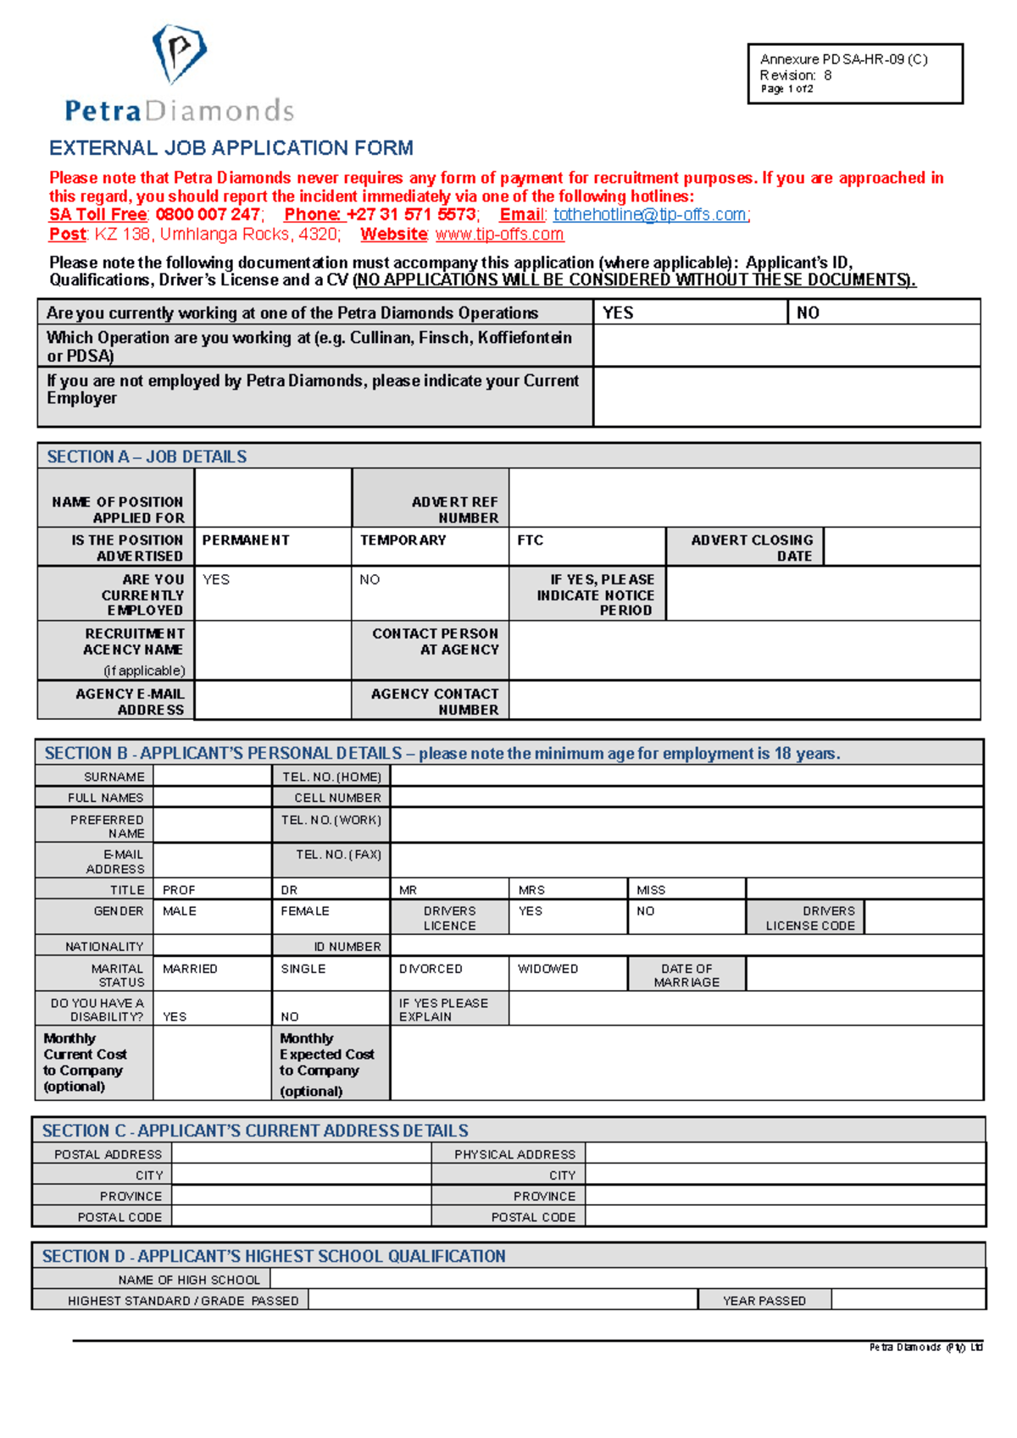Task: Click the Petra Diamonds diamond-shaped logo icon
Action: pyautogui.click(x=179, y=53)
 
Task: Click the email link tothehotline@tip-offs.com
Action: pyautogui.click(x=650, y=215)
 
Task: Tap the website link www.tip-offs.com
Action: pyautogui.click(x=499, y=235)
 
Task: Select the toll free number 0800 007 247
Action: pyautogui.click(x=208, y=215)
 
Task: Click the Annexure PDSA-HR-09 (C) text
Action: pyautogui.click(x=843, y=59)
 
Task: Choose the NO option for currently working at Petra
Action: pyautogui.click(x=808, y=312)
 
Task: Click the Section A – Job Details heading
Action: pyautogui.click(x=147, y=456)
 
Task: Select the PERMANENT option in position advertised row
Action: pyautogui.click(x=246, y=540)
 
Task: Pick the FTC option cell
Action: pyautogui.click(x=531, y=540)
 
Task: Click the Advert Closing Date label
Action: pyautogui.click(x=752, y=548)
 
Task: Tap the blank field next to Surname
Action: pyautogui.click(x=212, y=777)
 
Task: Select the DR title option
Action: pyautogui.click(x=289, y=890)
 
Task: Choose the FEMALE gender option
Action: pyautogui.click(x=305, y=911)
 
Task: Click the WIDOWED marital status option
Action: pyautogui.click(x=547, y=969)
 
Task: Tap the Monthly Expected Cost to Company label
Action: pyautogui.click(x=326, y=1064)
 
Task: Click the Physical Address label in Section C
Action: pyautogui.click(x=514, y=1154)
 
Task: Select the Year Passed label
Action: pyautogui.click(x=764, y=1301)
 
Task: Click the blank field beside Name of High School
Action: pyautogui.click(x=627, y=1280)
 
